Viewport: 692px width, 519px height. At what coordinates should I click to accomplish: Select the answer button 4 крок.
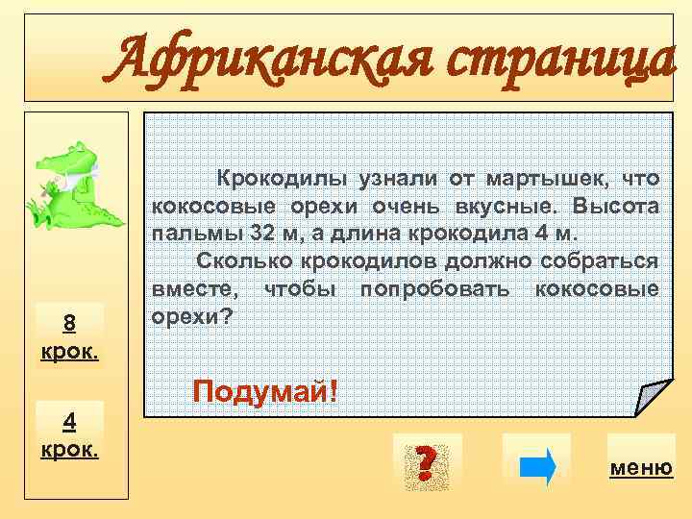click(x=68, y=433)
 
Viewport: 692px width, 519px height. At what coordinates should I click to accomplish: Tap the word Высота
click(x=615, y=207)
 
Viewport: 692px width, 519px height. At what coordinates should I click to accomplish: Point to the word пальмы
click(x=188, y=234)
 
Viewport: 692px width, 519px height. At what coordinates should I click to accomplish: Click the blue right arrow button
click(x=536, y=466)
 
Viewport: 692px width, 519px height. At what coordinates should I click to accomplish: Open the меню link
click(x=641, y=468)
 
